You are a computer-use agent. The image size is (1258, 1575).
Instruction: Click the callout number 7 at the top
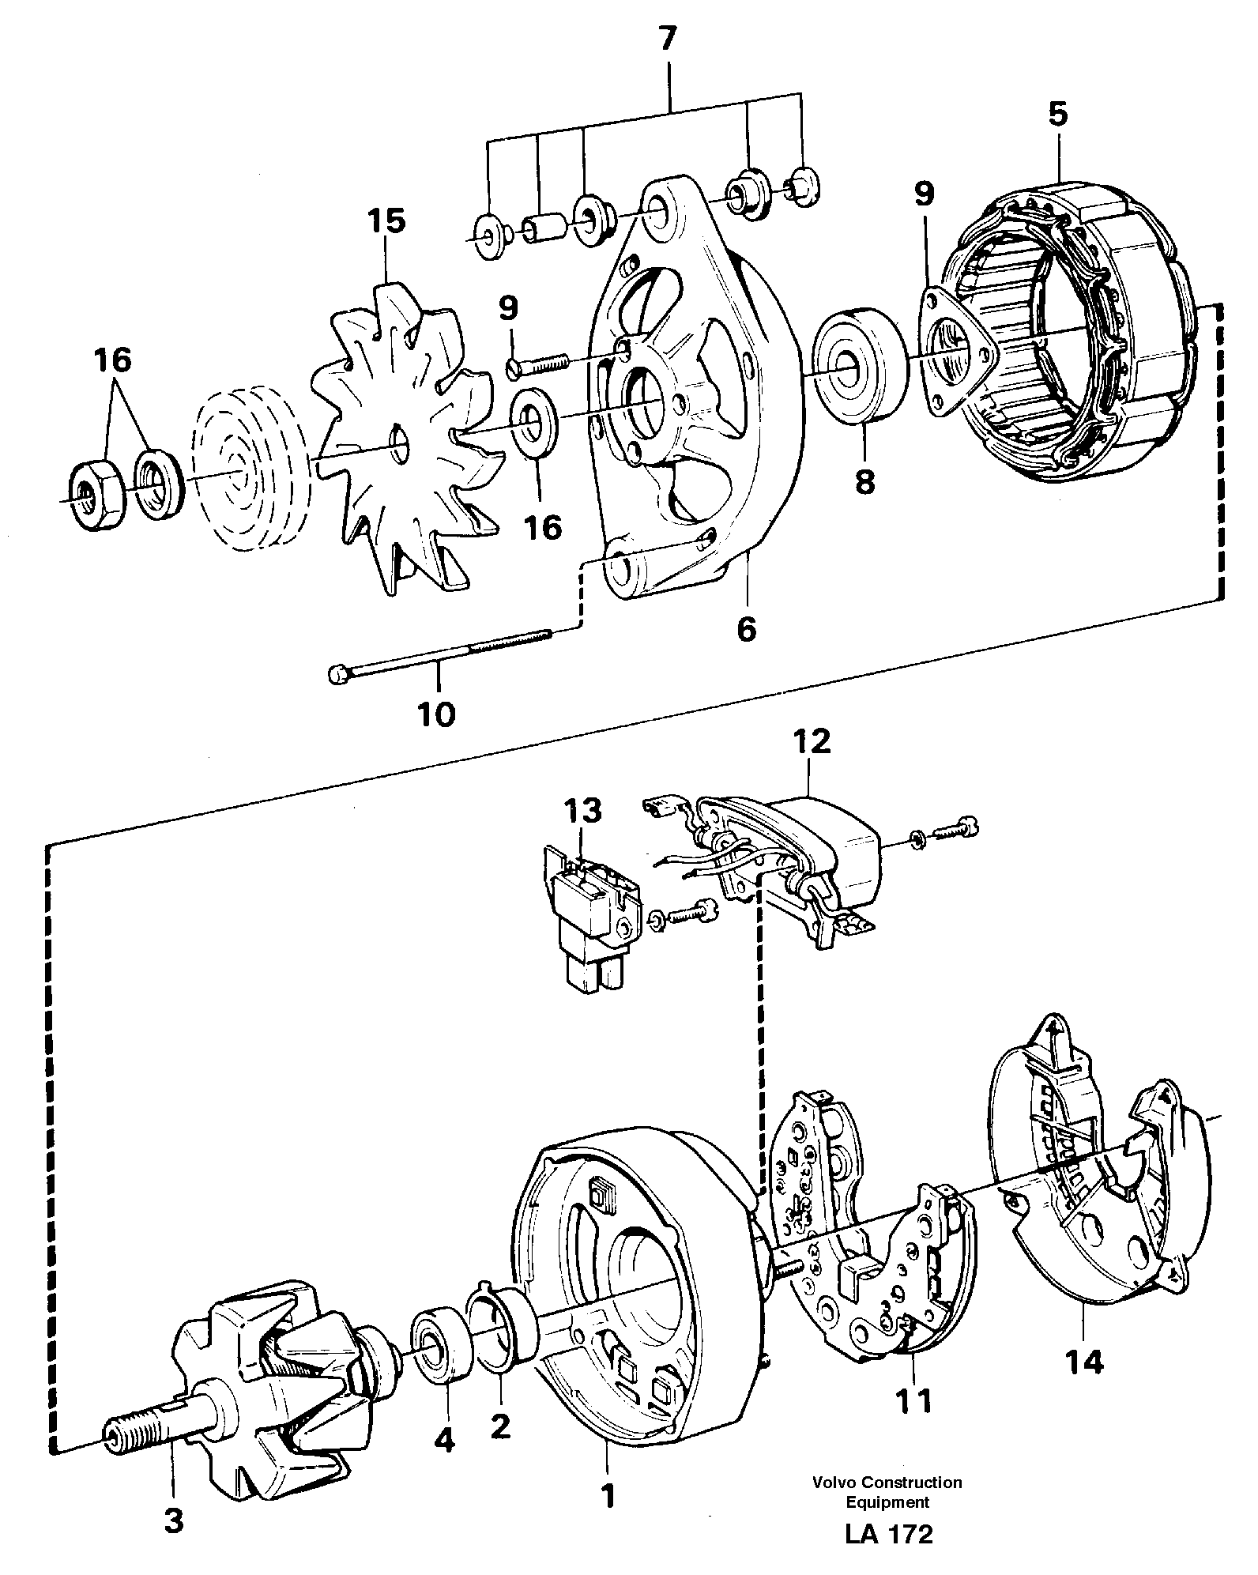point(668,39)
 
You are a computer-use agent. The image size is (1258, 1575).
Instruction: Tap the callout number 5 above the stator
point(1057,114)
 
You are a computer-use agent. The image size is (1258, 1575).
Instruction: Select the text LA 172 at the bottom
point(888,1556)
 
